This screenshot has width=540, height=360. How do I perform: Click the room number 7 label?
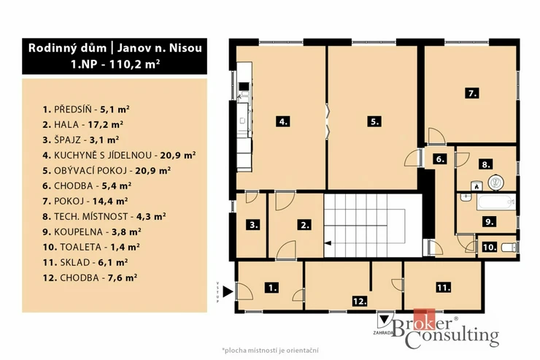click(472, 93)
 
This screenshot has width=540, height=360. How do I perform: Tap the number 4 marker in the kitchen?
click(283, 121)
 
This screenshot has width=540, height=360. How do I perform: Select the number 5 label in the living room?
click(374, 121)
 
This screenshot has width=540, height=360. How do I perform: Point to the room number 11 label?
click(443, 287)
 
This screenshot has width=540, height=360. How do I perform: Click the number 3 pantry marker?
click(253, 225)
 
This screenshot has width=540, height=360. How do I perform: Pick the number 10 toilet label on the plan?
click(490, 247)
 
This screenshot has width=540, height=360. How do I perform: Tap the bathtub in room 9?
click(496, 202)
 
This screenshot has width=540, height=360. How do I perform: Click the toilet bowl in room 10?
click(509, 248)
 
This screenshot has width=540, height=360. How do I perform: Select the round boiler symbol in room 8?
click(496, 183)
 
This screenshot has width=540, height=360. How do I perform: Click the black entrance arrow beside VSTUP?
click(228, 291)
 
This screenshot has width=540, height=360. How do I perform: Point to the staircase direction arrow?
click(328, 243)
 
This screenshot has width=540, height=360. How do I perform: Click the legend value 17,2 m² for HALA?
click(105, 124)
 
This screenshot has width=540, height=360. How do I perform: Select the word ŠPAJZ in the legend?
click(67, 140)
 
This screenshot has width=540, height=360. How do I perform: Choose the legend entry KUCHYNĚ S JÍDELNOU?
click(103, 155)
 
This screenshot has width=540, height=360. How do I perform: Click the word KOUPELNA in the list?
click(78, 232)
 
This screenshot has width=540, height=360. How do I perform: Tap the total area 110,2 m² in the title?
click(134, 64)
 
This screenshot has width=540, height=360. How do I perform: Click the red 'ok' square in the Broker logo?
click(424, 319)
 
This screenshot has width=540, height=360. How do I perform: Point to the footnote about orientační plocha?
click(270, 351)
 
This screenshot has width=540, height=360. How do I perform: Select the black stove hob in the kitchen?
click(244, 86)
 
